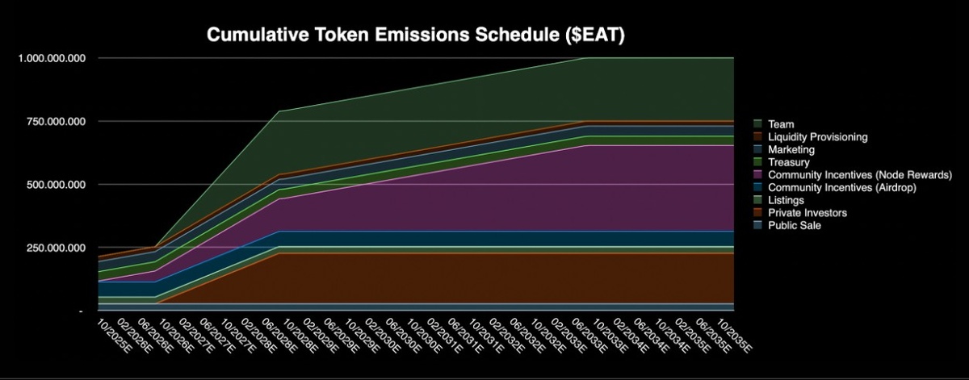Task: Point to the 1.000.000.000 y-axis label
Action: coord(50,59)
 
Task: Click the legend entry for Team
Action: coord(781,124)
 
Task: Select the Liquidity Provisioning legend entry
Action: coord(818,137)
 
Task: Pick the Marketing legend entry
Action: coord(791,149)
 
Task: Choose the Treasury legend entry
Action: coord(789,162)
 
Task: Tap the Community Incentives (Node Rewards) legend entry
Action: coord(861,175)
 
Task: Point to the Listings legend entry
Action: coord(787,200)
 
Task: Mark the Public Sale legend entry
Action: coord(795,225)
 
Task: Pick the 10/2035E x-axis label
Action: coord(736,335)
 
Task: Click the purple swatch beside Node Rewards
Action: coord(758,175)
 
